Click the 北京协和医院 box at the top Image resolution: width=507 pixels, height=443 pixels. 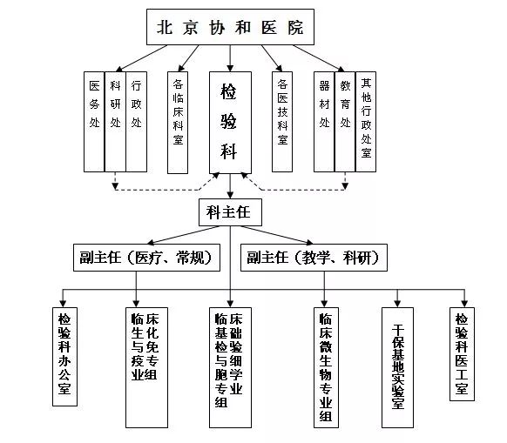[x=230, y=27]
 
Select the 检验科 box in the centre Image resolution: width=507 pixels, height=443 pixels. [x=230, y=123]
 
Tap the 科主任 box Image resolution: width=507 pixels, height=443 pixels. [x=230, y=212]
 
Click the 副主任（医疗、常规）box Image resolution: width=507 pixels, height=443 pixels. [x=147, y=258]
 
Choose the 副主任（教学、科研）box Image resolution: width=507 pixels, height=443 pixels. [x=314, y=258]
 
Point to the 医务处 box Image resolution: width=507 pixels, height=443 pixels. [x=94, y=122]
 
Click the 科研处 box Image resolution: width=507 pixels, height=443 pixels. [x=115, y=122]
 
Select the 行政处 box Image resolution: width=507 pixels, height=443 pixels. [x=136, y=122]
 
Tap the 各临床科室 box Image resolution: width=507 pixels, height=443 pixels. [x=178, y=123]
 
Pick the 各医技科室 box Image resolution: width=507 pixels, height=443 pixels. [x=282, y=122]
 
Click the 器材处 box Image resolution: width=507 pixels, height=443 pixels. [x=324, y=122]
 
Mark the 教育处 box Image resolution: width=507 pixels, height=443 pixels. [x=345, y=122]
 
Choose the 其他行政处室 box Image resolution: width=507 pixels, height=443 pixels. [x=366, y=122]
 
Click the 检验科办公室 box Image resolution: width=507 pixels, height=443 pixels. [x=64, y=357]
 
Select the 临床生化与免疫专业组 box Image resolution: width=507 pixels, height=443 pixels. [x=147, y=367]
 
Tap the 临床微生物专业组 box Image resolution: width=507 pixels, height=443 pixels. [x=326, y=367]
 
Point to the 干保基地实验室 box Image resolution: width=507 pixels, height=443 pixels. [x=397, y=367]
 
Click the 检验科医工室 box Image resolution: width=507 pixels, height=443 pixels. [x=462, y=354]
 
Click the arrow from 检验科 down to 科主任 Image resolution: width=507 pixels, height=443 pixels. [x=230, y=186]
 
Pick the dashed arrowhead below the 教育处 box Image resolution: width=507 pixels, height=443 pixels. [x=345, y=186]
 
